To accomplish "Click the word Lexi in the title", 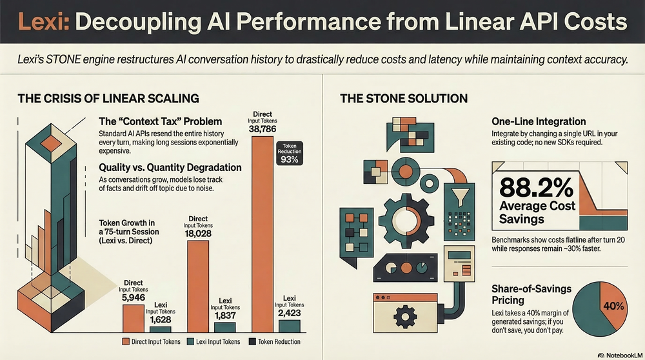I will (x=41, y=22).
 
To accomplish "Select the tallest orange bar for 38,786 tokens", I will (x=263, y=232).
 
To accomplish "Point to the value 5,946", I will (x=134, y=298).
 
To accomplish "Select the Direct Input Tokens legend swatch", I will (x=126, y=341).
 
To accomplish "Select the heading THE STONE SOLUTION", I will (x=403, y=99).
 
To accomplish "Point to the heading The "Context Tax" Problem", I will (x=160, y=121).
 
